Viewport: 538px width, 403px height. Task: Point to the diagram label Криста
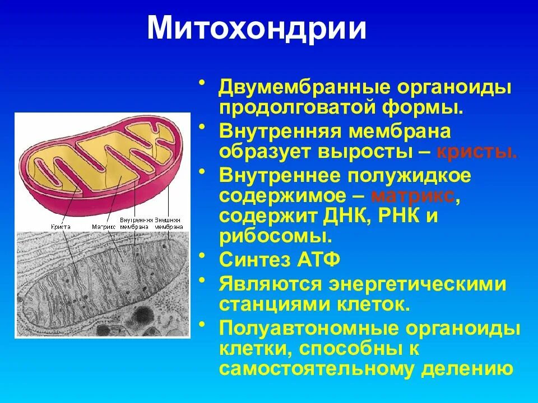60,227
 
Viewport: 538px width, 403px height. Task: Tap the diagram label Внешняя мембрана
169,224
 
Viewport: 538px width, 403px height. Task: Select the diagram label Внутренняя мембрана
136,224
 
